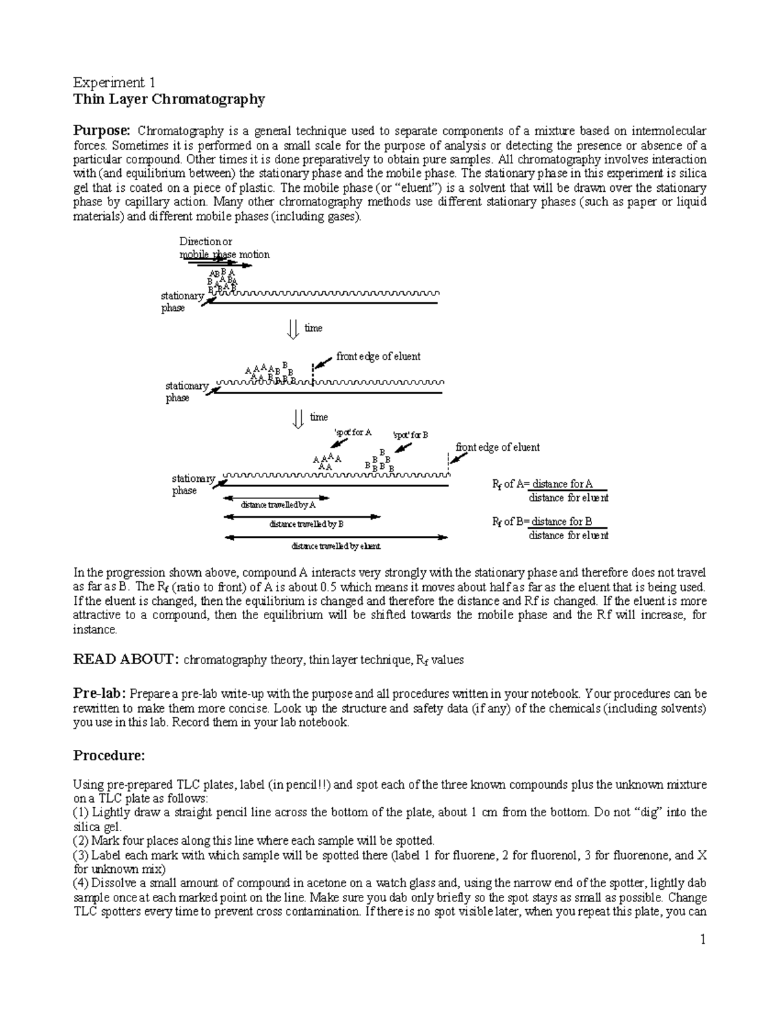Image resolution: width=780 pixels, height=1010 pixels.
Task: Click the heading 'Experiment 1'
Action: click(x=114, y=83)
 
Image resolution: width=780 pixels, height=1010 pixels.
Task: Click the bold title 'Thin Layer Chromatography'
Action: click(x=169, y=100)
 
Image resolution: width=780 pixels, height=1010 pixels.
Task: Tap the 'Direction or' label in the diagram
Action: click(x=205, y=242)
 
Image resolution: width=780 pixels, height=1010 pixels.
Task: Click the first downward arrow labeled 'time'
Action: click(x=293, y=328)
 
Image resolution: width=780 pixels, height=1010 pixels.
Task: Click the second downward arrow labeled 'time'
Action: click(x=299, y=418)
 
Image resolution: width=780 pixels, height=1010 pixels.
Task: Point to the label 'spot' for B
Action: click(x=410, y=435)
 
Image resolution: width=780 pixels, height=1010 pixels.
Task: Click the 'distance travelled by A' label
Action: click(x=278, y=505)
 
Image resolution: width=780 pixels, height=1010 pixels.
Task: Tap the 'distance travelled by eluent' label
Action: click(x=335, y=546)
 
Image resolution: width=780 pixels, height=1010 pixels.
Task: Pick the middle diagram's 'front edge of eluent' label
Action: click(x=378, y=356)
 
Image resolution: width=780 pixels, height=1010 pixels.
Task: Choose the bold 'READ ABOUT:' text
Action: click(x=125, y=660)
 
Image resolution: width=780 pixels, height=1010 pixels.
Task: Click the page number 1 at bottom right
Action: click(x=703, y=939)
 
